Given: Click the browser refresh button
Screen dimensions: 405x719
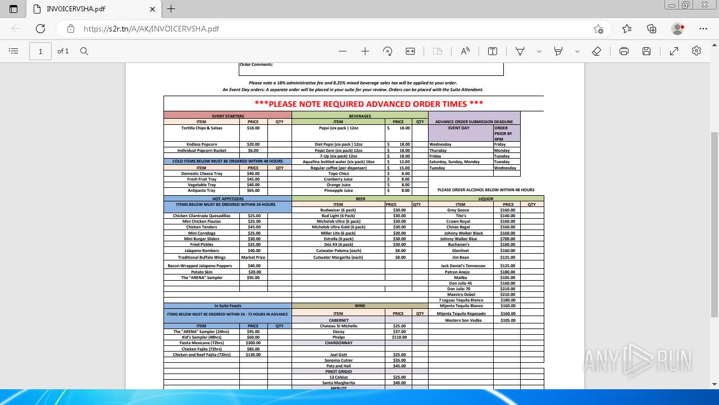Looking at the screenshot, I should click(40, 29).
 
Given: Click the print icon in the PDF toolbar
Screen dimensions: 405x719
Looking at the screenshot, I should click(624, 51).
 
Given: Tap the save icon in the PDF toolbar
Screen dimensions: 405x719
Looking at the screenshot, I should click(647, 51).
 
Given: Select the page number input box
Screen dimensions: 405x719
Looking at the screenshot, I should click(40, 51).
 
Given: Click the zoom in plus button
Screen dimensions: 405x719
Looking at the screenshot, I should click(365, 51).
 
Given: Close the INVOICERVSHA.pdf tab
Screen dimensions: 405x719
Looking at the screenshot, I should click(152, 9).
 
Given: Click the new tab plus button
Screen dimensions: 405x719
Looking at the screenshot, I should click(171, 9).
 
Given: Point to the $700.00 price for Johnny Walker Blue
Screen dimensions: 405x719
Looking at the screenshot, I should click(507, 239).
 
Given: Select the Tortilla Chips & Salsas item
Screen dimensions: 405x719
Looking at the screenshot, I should click(202, 128).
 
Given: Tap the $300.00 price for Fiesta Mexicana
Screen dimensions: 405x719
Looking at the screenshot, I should click(253, 343).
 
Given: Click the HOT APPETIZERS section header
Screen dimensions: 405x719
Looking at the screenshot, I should click(227, 199).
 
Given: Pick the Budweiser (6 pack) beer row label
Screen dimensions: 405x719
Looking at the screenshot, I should click(338, 210).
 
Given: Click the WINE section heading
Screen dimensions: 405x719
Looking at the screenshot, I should click(359, 306).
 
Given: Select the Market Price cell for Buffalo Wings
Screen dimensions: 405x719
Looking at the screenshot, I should click(253, 258).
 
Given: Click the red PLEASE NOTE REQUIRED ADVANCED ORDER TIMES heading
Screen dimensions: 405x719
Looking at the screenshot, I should click(368, 104).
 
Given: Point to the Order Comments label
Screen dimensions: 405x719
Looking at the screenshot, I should click(256, 65).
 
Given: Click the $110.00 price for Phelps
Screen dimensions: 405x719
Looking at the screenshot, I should click(399, 337).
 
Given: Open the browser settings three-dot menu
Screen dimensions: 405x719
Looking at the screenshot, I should click(703, 29).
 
